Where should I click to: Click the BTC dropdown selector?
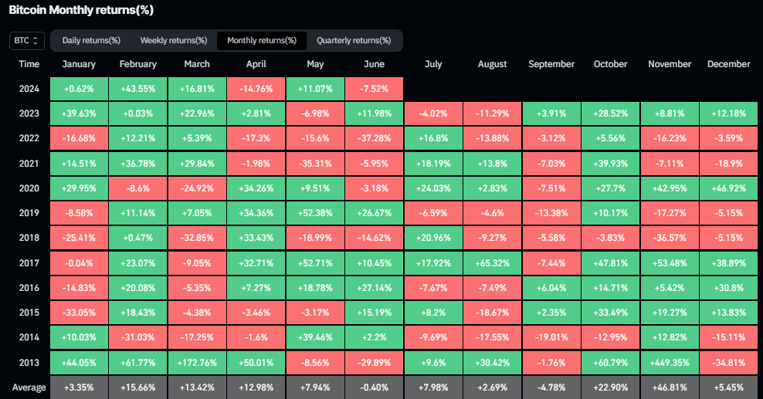point(27,40)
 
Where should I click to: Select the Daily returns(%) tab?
point(91,40)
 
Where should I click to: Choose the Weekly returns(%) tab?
point(173,40)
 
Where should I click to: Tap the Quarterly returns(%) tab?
point(354,40)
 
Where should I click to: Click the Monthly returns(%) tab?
point(262,40)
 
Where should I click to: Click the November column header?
point(670,64)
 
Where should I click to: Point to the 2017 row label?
point(29,262)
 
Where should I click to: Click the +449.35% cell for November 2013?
point(670,362)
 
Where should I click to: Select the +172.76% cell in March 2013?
point(197,362)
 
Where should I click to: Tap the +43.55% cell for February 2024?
point(138,90)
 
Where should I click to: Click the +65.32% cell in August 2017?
point(492,262)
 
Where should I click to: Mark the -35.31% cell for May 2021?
point(315,164)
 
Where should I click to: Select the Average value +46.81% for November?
point(670,387)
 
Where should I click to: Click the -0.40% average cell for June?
point(375,387)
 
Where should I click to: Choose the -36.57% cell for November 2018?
point(670,238)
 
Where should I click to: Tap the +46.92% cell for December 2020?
point(728,188)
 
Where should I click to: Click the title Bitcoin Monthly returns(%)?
point(81,10)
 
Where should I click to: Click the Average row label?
point(29,387)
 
